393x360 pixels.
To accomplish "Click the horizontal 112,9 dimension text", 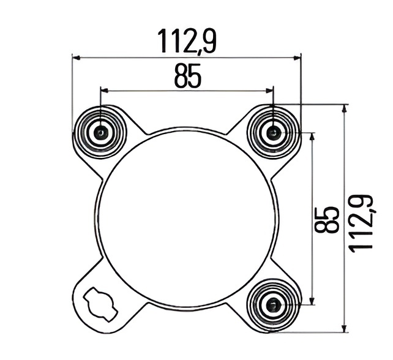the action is click(187, 41).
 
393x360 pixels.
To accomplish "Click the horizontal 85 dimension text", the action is click(187, 76).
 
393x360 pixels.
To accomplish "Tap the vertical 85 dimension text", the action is click(326, 220).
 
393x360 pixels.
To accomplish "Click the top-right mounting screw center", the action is click(273, 132).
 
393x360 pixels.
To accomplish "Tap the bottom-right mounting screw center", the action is click(273, 304).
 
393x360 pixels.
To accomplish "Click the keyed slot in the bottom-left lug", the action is click(100, 303).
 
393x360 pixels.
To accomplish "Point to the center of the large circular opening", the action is click(187, 219).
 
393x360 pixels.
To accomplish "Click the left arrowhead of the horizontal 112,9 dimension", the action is click(76, 58).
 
